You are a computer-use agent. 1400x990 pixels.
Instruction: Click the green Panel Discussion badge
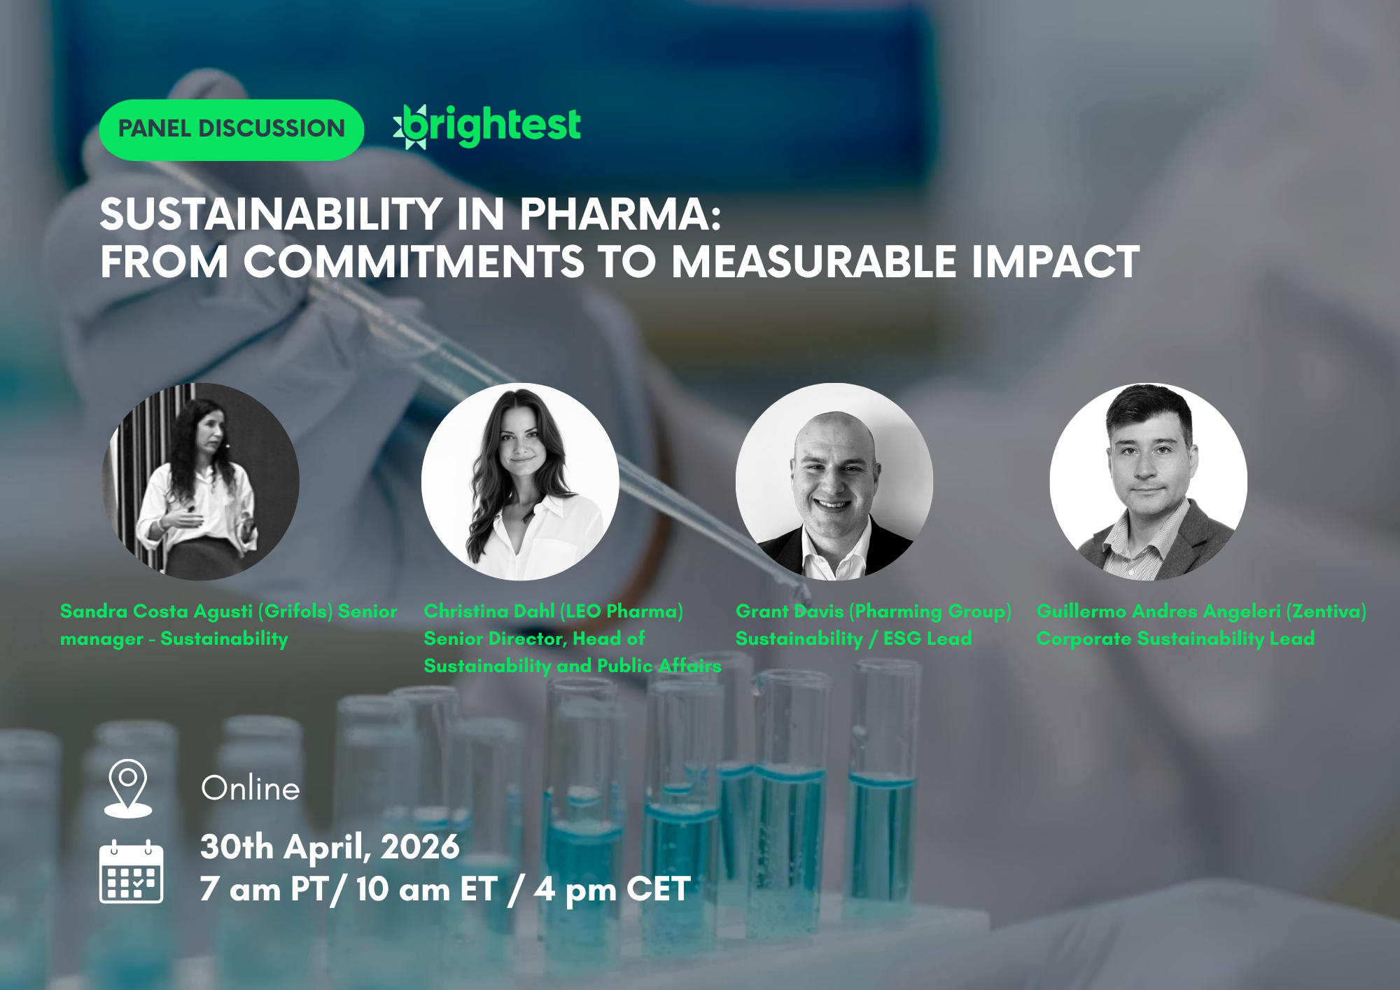click(x=231, y=130)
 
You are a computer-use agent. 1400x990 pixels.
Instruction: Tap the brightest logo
click(x=487, y=127)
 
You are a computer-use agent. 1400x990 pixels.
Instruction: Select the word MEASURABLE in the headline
click(x=814, y=262)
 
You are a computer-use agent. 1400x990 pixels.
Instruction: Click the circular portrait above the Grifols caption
click(x=201, y=482)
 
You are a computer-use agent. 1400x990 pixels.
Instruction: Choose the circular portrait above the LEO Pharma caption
click(x=520, y=482)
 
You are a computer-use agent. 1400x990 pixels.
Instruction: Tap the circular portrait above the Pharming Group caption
click(x=834, y=482)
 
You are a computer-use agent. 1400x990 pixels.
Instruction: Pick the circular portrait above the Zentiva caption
click(x=1148, y=482)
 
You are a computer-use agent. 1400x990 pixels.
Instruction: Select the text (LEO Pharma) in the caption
click(x=622, y=611)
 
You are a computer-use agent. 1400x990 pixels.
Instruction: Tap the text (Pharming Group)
click(x=930, y=611)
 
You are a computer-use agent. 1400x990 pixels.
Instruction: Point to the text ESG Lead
click(x=927, y=639)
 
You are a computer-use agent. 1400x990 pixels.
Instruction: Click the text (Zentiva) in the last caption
click(x=1326, y=611)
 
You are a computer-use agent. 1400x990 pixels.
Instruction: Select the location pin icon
click(x=128, y=788)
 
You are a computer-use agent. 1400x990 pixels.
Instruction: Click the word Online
click(x=251, y=789)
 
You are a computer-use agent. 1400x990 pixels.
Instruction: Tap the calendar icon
click(x=131, y=872)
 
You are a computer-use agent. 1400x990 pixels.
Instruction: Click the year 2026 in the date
click(x=420, y=847)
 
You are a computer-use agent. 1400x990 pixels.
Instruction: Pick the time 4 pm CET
click(x=612, y=889)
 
